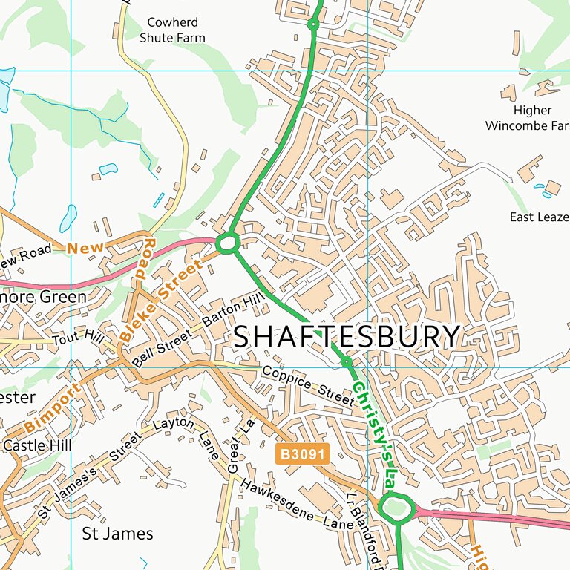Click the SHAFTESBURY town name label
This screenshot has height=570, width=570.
click(347, 337)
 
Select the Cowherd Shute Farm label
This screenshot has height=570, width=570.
click(176, 30)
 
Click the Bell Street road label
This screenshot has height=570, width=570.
click(163, 347)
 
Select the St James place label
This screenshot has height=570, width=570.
click(117, 533)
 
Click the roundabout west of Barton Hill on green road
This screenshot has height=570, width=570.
click(227, 243)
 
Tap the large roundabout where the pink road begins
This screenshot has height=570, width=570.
click(396, 509)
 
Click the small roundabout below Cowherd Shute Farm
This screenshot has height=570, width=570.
click(313, 24)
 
